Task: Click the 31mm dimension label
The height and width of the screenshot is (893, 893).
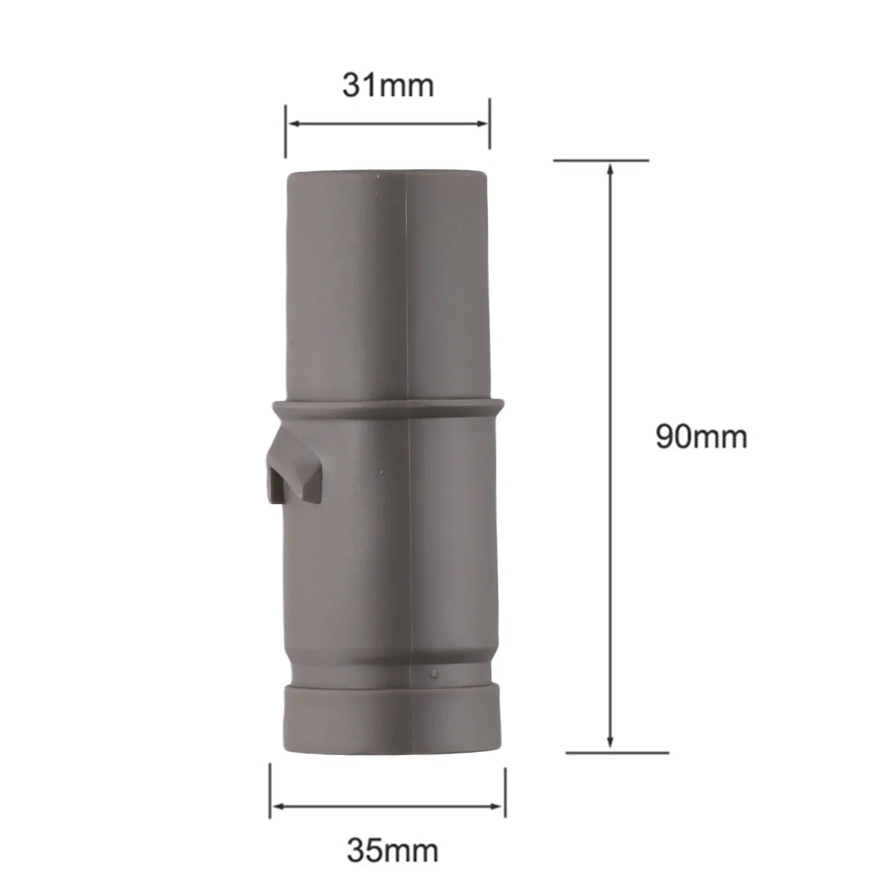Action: point(388,86)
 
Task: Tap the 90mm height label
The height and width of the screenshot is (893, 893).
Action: point(701,437)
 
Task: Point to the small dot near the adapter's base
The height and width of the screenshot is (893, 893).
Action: point(434,674)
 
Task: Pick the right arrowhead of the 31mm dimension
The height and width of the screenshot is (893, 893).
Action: point(483,123)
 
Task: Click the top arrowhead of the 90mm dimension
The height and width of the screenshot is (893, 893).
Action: point(610,169)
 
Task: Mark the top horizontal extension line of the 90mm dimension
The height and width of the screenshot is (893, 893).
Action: point(601,161)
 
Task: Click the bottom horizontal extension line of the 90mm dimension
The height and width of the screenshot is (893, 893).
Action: point(617,753)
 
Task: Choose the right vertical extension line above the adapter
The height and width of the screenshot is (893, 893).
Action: point(489,124)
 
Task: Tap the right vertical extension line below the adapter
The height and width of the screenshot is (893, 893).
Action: point(505,793)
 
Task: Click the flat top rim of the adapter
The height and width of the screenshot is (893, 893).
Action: point(388,174)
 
